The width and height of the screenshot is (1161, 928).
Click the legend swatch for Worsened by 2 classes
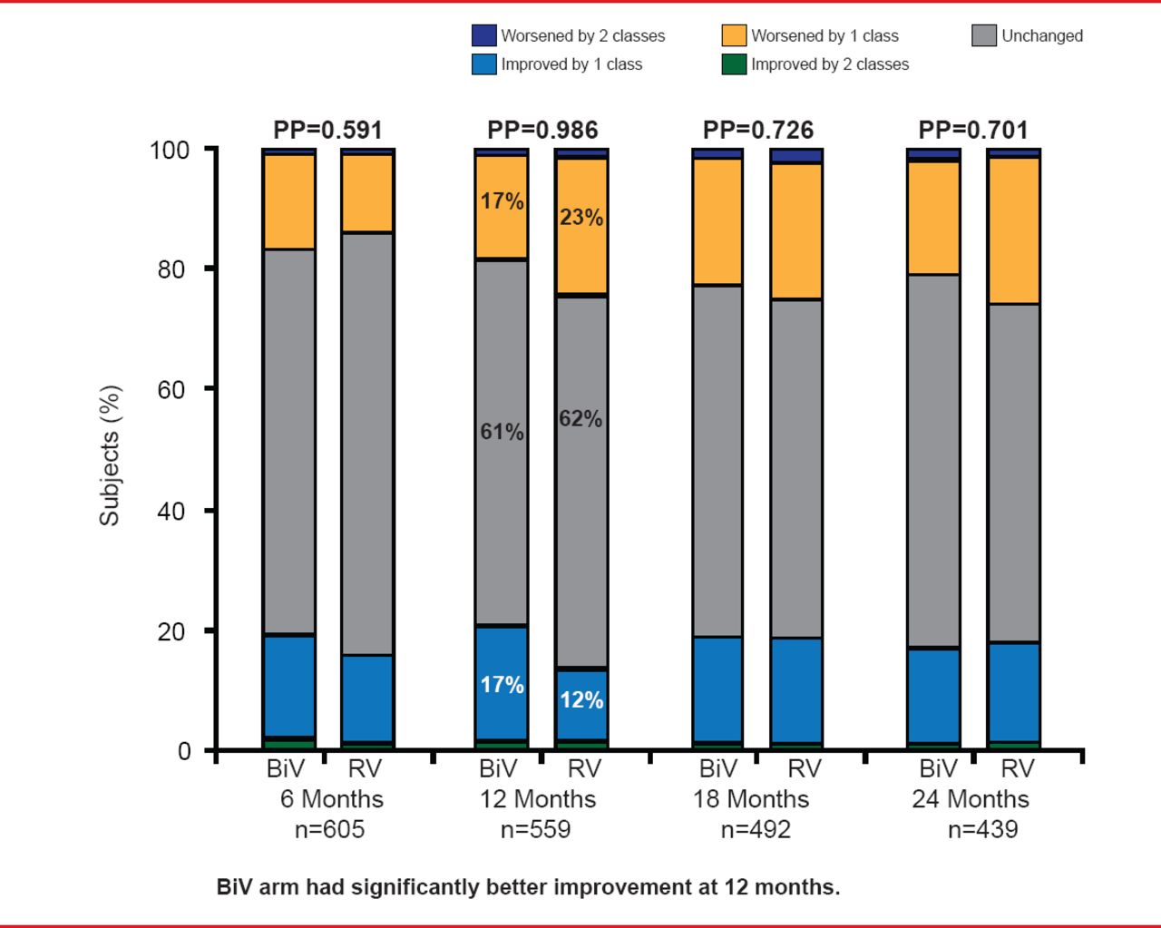click(483, 35)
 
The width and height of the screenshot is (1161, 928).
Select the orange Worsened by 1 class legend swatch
click(734, 35)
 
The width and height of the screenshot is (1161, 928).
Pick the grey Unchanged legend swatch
click(984, 35)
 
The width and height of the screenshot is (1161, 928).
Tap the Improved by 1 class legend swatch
click(483, 64)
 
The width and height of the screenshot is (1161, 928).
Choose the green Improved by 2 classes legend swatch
click(734, 64)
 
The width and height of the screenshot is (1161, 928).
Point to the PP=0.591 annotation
click(327, 131)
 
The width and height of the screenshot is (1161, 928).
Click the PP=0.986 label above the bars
click(542, 131)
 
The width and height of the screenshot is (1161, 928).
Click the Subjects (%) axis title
click(110, 455)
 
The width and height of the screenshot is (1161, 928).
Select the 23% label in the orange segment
click(581, 218)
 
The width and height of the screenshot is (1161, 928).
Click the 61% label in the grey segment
click(502, 432)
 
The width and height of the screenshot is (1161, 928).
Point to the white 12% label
click(581, 700)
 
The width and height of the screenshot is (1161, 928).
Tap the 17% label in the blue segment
click(502, 685)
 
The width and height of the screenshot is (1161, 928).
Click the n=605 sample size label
click(329, 829)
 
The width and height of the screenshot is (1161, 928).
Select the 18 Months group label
click(751, 799)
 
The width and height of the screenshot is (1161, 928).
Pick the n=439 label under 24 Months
click(982, 829)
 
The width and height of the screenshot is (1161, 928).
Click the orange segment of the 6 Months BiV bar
click(289, 201)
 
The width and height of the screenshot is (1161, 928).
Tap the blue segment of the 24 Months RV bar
click(1013, 692)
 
